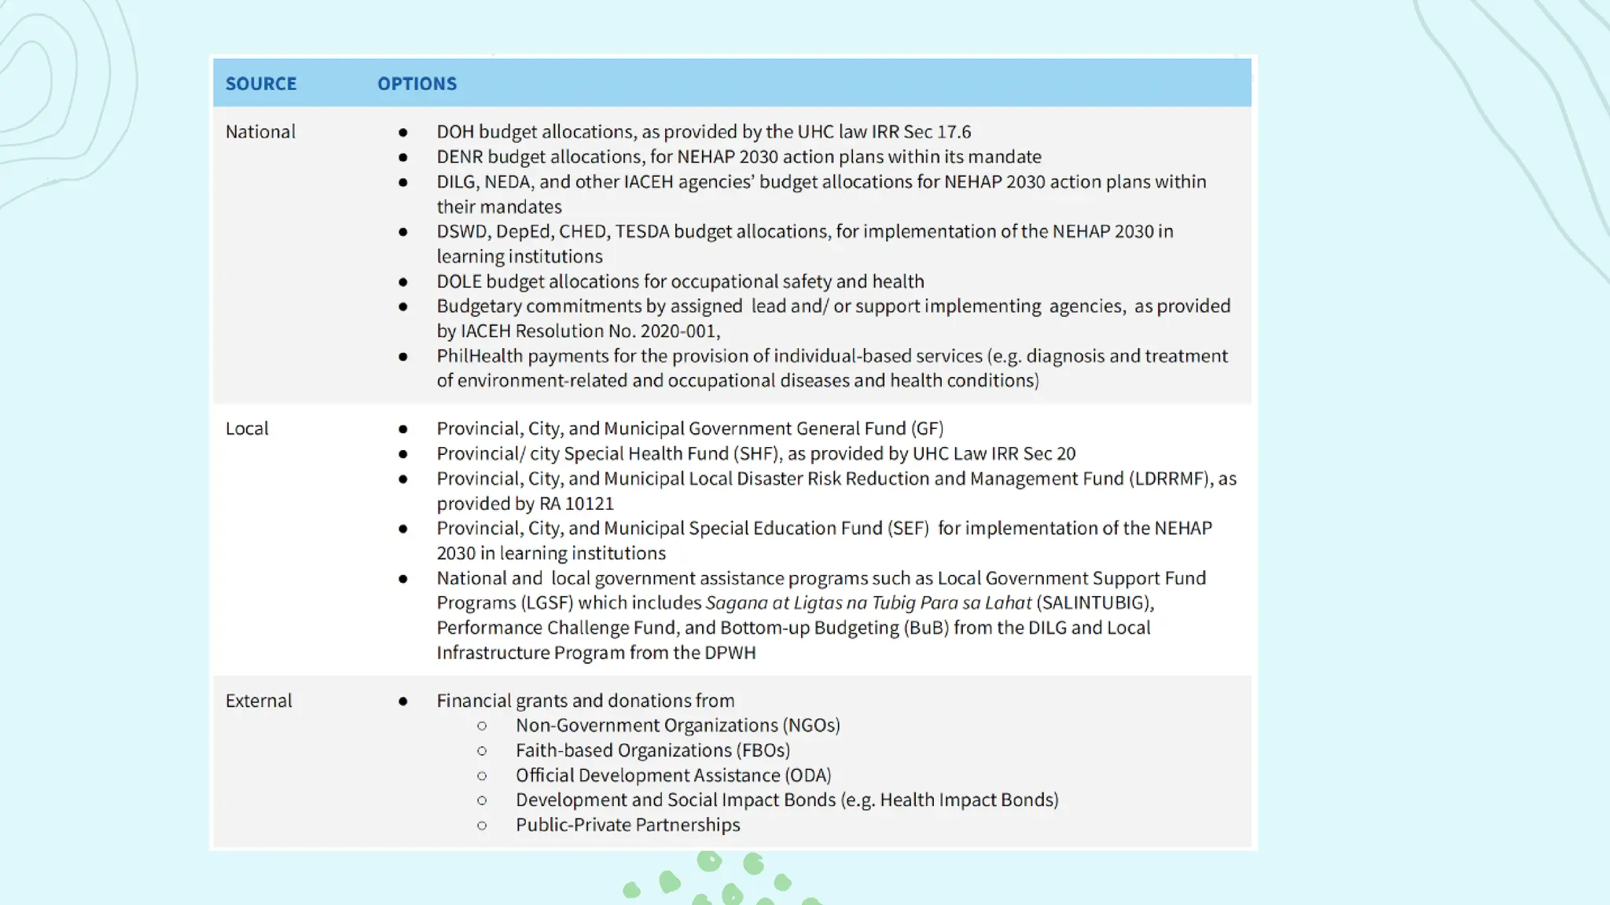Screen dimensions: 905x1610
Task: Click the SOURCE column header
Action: click(261, 83)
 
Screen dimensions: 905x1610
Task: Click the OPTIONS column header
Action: click(417, 83)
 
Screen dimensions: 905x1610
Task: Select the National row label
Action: click(260, 132)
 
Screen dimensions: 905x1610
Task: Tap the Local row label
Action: click(247, 429)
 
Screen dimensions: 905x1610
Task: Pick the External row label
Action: click(259, 701)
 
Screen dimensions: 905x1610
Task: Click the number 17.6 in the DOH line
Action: click(954, 132)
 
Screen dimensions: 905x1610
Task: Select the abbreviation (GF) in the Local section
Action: click(927, 429)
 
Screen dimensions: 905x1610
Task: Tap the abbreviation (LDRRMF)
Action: click(1171, 478)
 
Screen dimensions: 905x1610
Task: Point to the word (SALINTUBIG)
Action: click(1095, 603)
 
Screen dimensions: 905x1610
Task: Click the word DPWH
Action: click(730, 653)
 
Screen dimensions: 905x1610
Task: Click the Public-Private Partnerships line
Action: click(627, 825)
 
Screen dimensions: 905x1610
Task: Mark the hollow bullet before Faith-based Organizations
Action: click(482, 751)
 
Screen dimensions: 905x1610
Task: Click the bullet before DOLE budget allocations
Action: click(403, 282)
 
